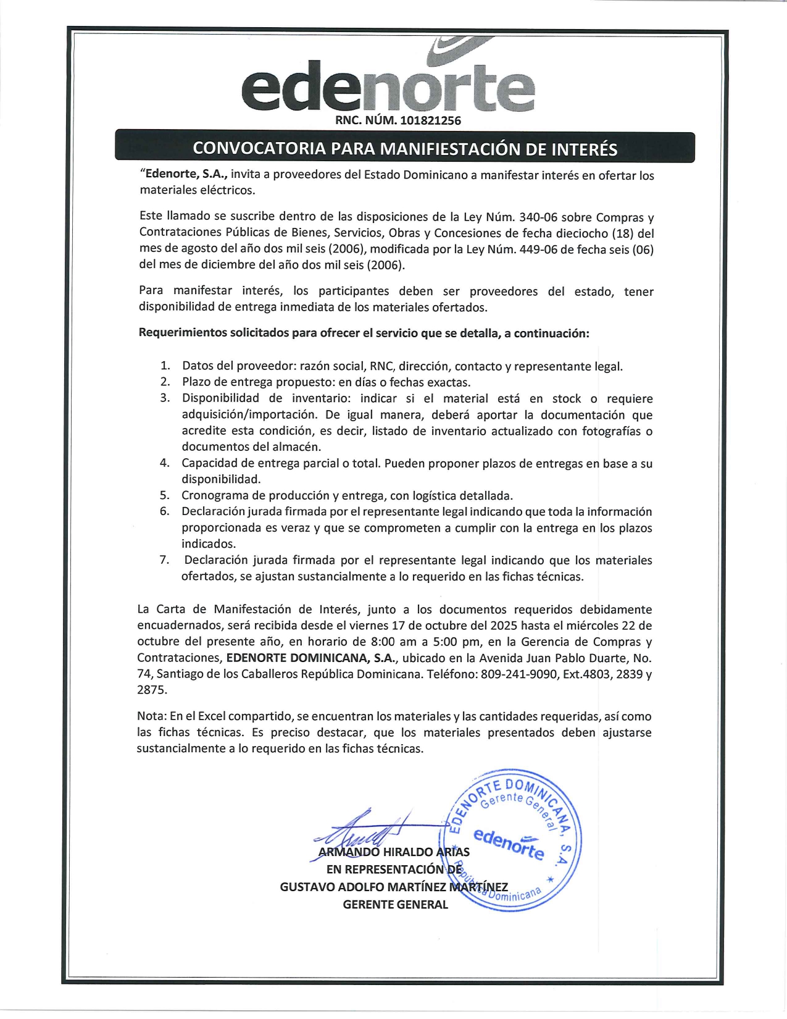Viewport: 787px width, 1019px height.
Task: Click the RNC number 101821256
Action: (430, 120)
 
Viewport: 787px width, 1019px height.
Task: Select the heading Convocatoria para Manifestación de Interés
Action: (405, 149)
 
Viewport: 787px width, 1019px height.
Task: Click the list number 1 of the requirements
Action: (165, 366)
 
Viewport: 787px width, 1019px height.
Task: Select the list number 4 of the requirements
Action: (165, 463)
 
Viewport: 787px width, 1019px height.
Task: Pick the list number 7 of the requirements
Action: (165, 560)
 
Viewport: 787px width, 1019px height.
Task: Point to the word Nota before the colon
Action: (151, 716)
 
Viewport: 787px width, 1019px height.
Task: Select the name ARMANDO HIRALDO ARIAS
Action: (394, 852)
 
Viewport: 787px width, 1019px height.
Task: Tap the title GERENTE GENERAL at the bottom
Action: (395, 905)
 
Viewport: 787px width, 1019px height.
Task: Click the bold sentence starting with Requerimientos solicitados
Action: (364, 333)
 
